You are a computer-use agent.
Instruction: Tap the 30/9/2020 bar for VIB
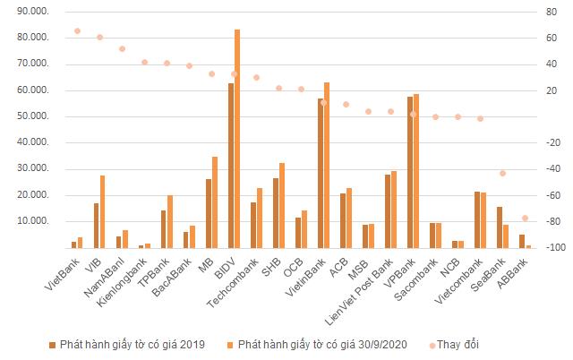(102, 211)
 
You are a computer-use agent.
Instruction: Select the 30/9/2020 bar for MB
(215, 201)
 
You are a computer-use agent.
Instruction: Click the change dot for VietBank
(77, 30)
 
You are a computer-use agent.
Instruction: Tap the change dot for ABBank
(526, 219)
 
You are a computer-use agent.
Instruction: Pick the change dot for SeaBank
(502, 173)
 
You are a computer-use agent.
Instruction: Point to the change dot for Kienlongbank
(144, 62)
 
